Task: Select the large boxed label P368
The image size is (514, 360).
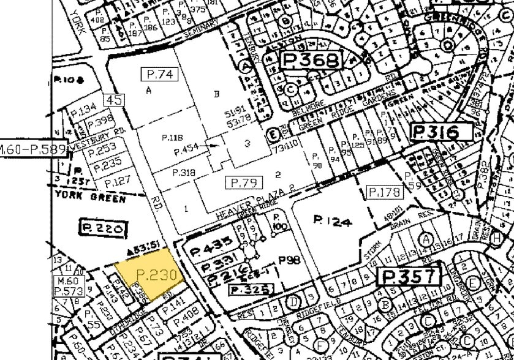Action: (x=310, y=61)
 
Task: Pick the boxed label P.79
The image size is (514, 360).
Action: (x=244, y=182)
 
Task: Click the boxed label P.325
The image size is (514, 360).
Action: (x=247, y=289)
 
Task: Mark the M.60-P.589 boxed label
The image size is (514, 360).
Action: (x=32, y=149)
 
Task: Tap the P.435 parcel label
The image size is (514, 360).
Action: (x=211, y=244)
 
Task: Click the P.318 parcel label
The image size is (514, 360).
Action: (x=183, y=173)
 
